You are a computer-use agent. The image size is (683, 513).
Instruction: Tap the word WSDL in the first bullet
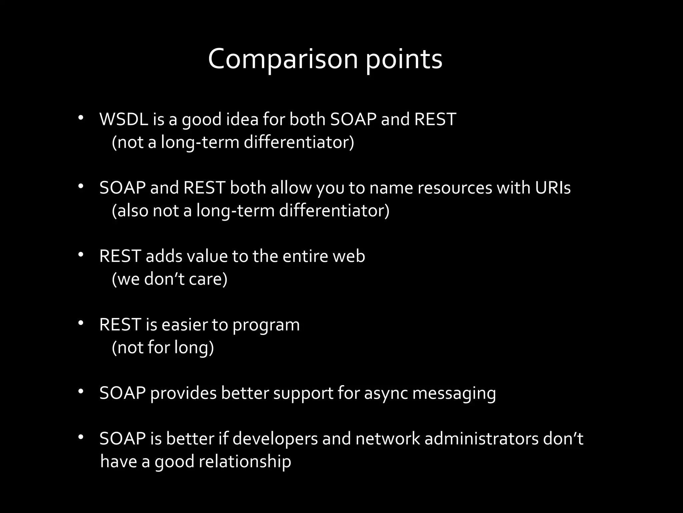click(124, 119)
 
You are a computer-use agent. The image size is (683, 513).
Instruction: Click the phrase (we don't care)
click(169, 279)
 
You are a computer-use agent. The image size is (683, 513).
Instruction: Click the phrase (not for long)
click(163, 347)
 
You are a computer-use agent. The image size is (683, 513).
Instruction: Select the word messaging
click(454, 393)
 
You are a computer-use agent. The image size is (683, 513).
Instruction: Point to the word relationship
click(245, 462)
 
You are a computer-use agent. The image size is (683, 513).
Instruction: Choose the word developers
click(275, 439)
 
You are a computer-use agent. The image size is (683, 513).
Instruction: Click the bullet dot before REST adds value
click(80, 255)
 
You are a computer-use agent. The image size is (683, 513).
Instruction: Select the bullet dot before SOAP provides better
click(80, 391)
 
